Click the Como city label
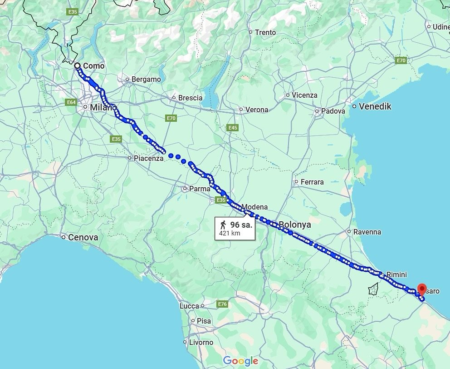click(93, 66)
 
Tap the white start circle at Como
click(77, 66)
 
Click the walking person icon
click(223, 225)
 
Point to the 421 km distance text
click(230, 234)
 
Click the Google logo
click(240, 361)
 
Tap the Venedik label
click(375, 107)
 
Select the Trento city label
click(265, 32)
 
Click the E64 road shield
click(71, 102)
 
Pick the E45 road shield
click(233, 128)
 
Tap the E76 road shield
click(222, 304)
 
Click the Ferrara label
click(312, 182)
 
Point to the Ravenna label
click(367, 232)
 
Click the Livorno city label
click(201, 342)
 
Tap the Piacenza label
click(148, 158)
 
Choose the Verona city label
click(256, 110)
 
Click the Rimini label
click(396, 274)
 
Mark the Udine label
click(441, 27)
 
